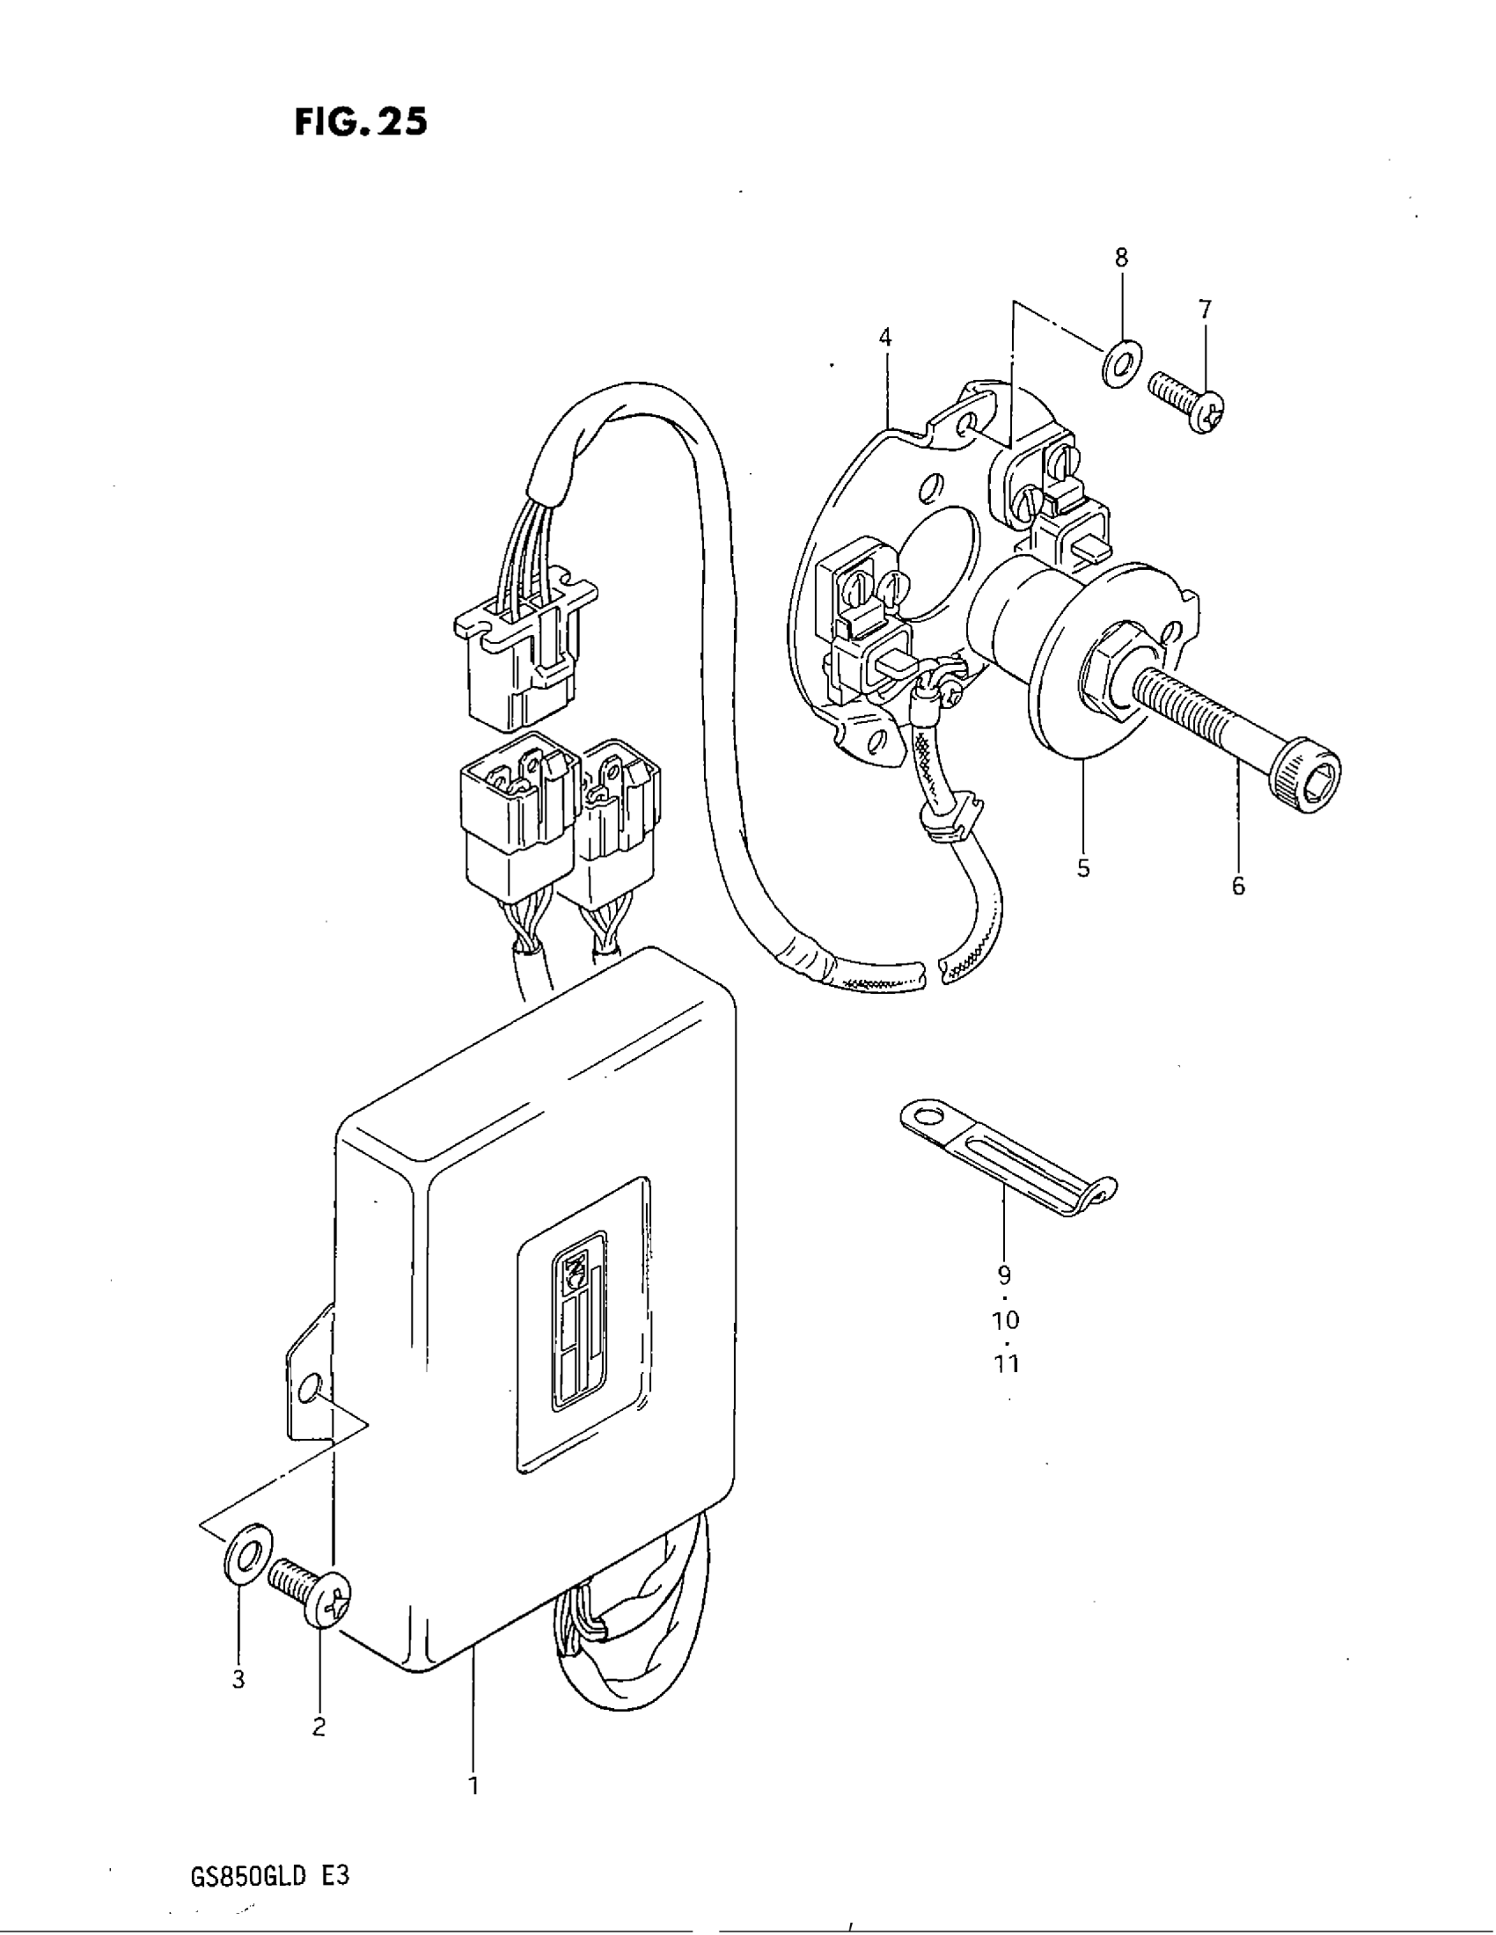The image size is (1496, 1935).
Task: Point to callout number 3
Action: [238, 1679]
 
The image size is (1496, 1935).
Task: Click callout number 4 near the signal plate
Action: [884, 338]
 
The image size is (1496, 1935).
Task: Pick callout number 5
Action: [1083, 868]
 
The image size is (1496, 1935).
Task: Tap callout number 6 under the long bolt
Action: [1237, 885]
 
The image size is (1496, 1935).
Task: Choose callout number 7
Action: [1205, 310]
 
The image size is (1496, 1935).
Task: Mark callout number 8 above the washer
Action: [1121, 258]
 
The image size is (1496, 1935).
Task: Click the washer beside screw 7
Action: [1121, 362]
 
